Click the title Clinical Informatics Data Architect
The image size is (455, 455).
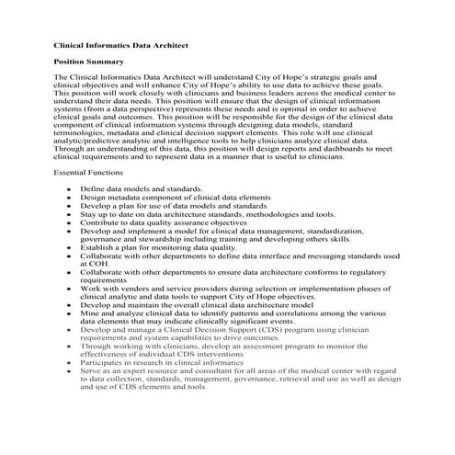[119, 43]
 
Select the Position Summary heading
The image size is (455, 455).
[85, 62]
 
